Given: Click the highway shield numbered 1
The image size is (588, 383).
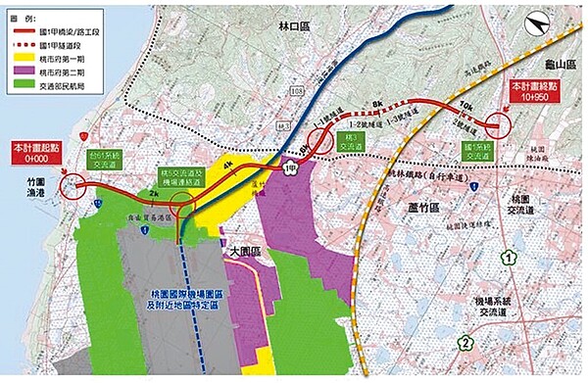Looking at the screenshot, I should point(510,259).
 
